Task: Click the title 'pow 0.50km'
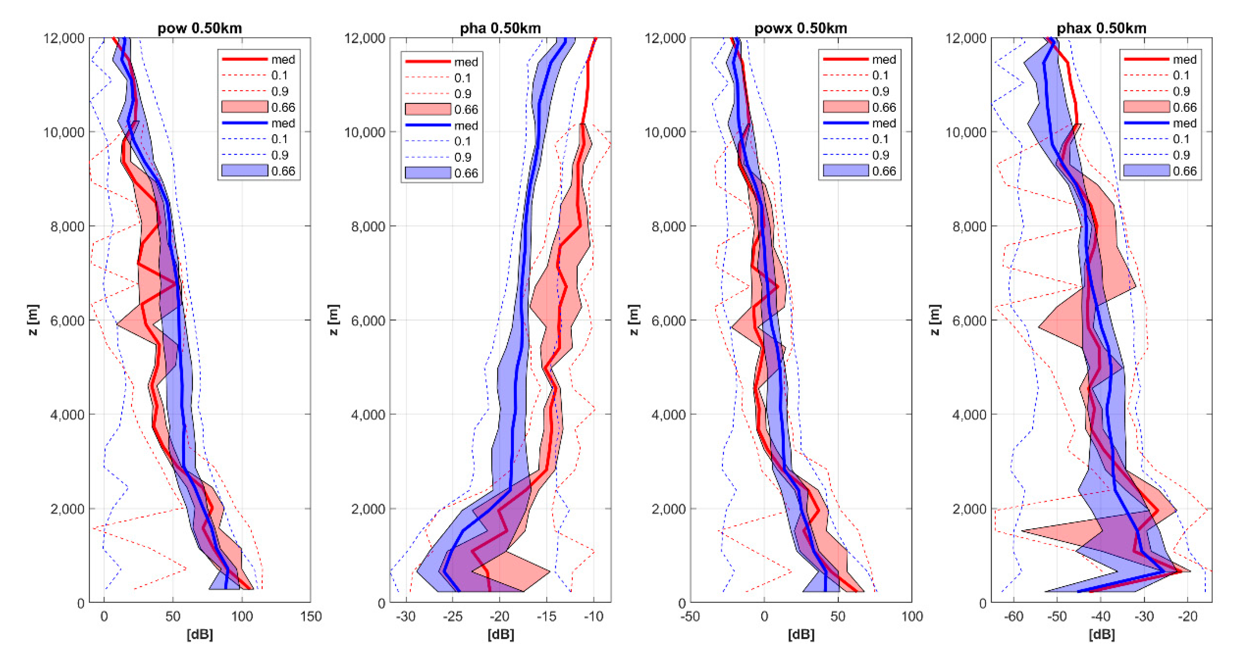click(x=200, y=28)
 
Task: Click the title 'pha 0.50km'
click(x=500, y=28)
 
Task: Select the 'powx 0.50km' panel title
click(x=800, y=28)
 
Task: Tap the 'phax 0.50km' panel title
click(x=1102, y=28)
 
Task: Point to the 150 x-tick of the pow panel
click(x=311, y=616)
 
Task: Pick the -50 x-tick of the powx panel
click(x=690, y=616)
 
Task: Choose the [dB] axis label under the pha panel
click(x=500, y=635)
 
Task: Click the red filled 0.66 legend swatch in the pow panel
click(x=244, y=107)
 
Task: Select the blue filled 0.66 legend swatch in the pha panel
click(x=428, y=173)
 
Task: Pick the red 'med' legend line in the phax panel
click(x=1146, y=59)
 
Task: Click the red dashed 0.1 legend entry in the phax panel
click(x=1146, y=75)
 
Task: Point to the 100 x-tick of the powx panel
click(x=912, y=616)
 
